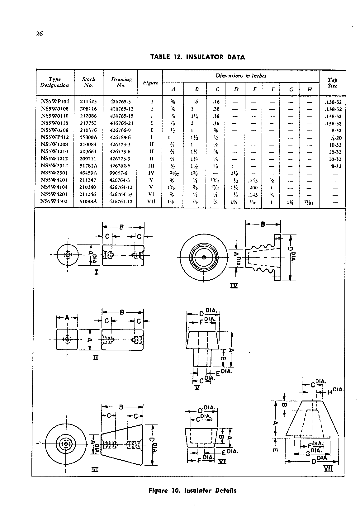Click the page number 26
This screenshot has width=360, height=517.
(39, 34)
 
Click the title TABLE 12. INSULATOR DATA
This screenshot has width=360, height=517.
(197, 57)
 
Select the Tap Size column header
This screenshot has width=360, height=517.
(332, 83)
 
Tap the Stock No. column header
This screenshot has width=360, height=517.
(88, 82)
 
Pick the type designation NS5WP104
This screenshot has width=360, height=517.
(55, 102)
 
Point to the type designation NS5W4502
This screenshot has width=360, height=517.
(55, 201)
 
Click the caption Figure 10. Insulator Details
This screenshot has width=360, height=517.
(192, 491)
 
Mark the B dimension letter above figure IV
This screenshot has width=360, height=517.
(263, 224)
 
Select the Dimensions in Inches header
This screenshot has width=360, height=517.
(241, 76)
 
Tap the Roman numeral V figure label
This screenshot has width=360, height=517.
(197, 388)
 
